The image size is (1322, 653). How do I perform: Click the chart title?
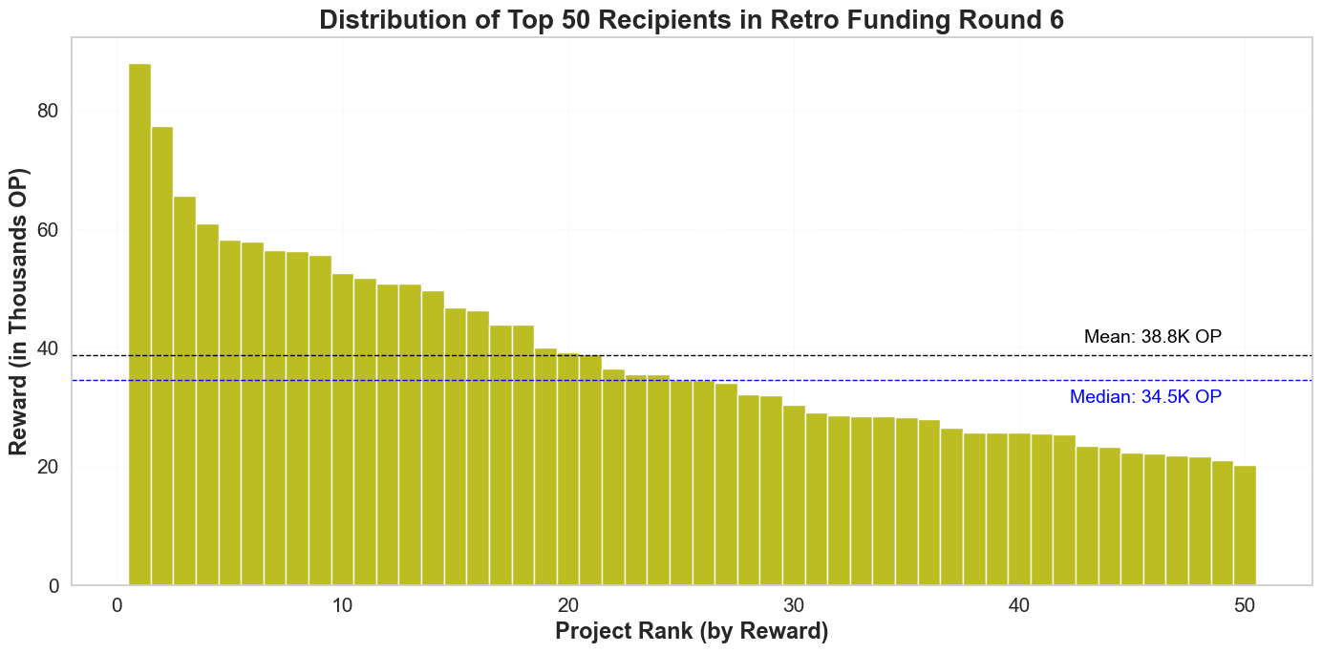691,20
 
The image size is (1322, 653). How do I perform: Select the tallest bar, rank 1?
139,325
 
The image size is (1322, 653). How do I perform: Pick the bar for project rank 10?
343,430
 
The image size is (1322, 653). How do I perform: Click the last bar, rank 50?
1245,525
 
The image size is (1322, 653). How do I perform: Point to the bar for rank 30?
794,495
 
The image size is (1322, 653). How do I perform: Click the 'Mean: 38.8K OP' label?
1152,336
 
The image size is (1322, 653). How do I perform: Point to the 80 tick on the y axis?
47,112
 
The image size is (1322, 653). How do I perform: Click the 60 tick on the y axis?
47,230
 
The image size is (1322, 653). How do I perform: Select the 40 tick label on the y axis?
47,348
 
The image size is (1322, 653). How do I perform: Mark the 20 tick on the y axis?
47,468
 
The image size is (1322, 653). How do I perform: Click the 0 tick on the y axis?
53,586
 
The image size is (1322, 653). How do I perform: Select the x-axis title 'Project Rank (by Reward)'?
691,632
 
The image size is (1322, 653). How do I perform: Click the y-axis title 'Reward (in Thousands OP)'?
18,311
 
